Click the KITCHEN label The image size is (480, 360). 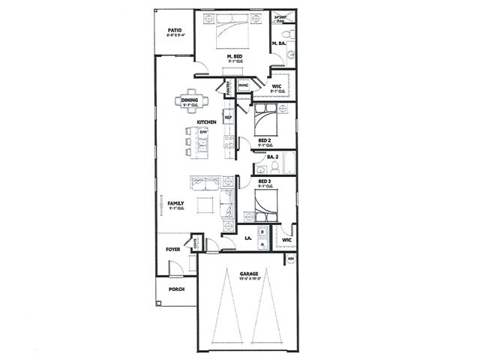207,122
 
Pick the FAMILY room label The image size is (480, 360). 176,203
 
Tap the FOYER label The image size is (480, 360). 174,248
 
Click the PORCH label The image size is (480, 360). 176,289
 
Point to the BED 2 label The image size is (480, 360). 264,140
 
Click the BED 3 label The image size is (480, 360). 264,182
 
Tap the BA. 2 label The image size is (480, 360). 273,157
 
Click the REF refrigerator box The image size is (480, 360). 229,118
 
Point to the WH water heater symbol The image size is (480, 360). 290,259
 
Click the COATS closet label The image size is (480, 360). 196,242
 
